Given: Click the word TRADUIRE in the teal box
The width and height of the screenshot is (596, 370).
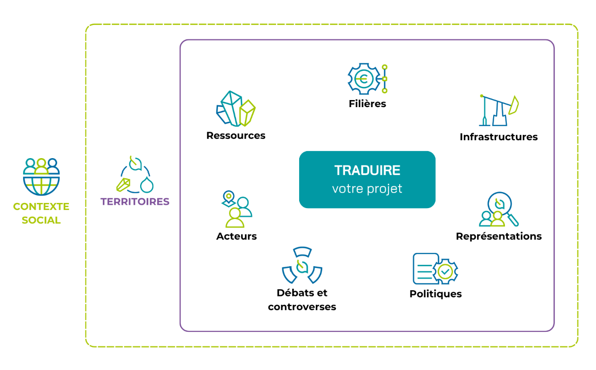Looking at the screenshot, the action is pos(367,170).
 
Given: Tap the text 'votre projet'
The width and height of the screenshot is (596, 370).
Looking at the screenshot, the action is pos(367,189).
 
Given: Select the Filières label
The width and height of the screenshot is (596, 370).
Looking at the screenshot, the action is pos(367,103).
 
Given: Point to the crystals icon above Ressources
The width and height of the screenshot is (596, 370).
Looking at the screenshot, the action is pos(236,109).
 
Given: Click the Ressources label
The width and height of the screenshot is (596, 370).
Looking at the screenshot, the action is pos(236,135).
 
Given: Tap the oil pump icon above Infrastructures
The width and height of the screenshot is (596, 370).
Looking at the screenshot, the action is pos(499,110).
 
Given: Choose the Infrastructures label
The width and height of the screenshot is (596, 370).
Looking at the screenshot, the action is pos(499,137).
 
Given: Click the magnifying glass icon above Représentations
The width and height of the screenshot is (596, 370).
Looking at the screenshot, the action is pos(499,209).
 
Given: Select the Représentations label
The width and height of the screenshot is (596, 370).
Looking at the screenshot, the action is pos(499,236).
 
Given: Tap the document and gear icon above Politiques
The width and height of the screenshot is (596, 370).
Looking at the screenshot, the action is pos(435,269).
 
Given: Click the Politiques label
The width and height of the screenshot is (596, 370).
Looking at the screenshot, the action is pos(436,294).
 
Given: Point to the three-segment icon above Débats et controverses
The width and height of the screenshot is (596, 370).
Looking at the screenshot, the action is pos(302,265).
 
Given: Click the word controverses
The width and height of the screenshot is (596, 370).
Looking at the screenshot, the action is pos(302,307).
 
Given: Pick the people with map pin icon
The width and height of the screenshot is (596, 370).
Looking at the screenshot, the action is pos(236,209).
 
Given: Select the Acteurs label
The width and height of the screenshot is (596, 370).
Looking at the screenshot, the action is pos(236,236).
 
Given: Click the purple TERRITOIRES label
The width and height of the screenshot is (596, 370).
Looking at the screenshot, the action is pos(135,202).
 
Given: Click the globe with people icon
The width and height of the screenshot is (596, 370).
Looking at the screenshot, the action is pos(41,177).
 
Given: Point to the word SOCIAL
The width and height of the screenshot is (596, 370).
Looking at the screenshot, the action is pos(41,220).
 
